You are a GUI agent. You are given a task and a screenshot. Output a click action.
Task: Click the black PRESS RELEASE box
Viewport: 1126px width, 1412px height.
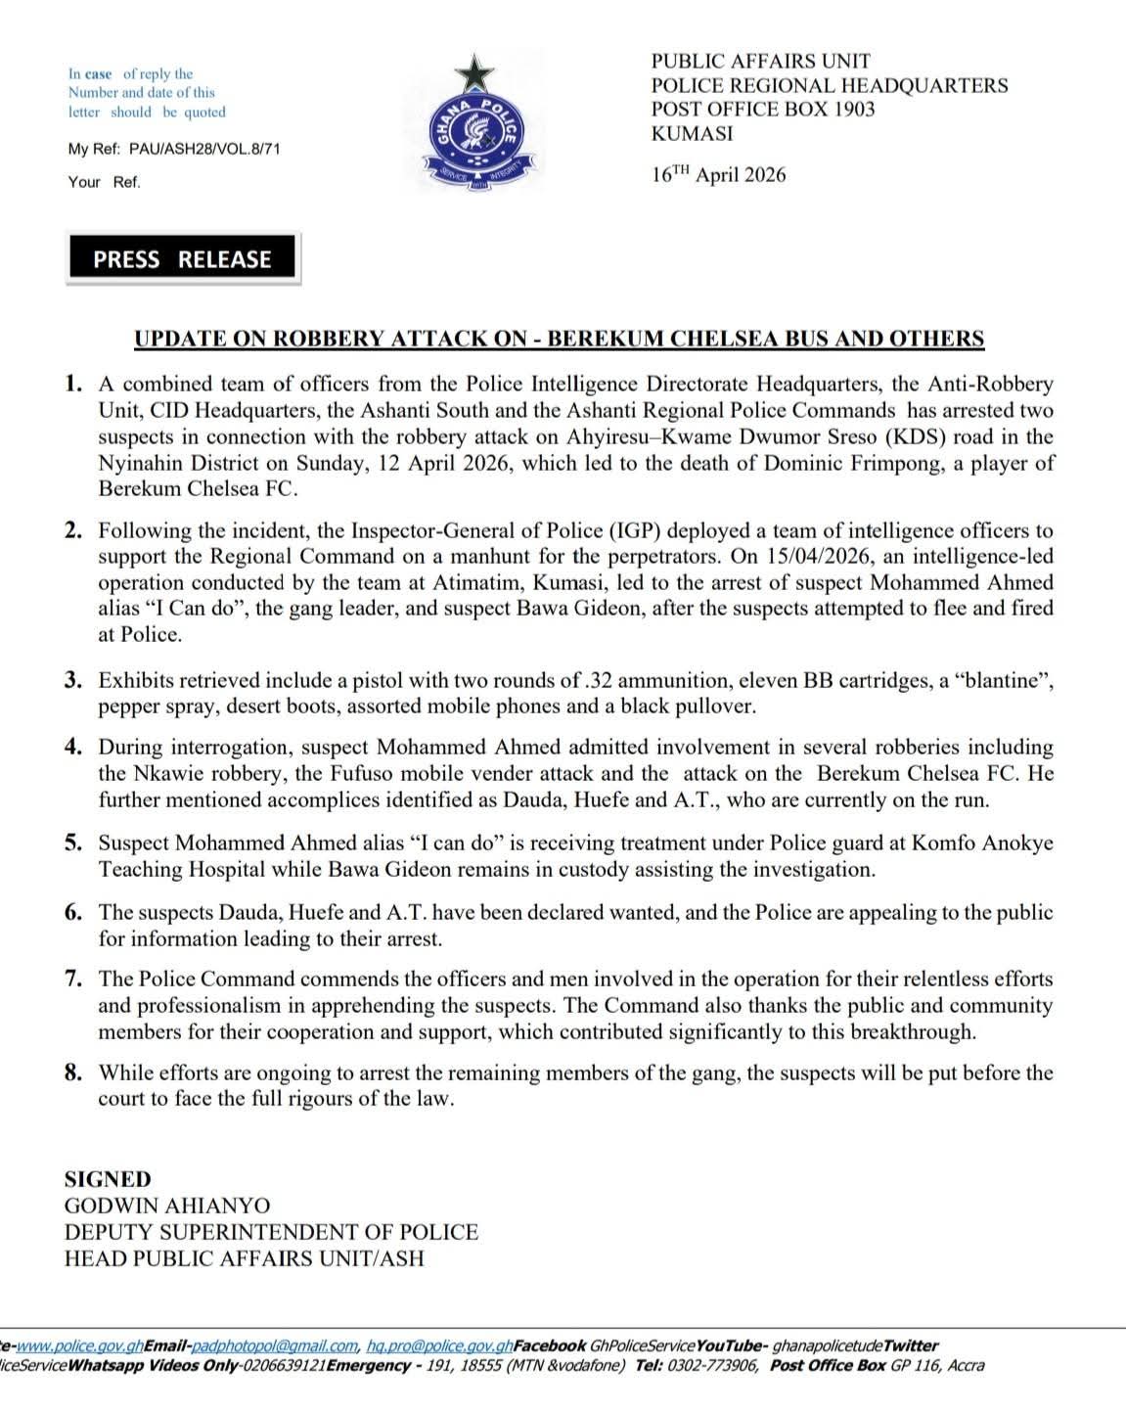coord(183,259)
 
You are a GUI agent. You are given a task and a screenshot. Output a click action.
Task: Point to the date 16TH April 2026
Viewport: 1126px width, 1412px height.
coord(718,175)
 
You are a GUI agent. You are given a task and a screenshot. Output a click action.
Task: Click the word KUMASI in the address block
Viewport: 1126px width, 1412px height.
coord(692,134)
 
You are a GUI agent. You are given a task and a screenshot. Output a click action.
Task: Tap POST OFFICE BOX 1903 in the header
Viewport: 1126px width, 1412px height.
coord(763,110)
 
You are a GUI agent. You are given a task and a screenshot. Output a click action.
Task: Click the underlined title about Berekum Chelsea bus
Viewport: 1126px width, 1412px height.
coord(559,340)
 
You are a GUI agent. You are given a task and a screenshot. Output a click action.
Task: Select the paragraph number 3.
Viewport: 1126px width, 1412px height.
coord(73,680)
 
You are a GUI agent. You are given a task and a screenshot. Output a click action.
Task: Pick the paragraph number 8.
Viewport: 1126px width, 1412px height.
coord(73,1072)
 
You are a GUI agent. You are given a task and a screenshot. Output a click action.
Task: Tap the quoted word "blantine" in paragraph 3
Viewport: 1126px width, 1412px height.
coord(998,680)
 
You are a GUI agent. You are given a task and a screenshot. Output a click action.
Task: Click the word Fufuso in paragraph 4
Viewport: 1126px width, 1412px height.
coord(328,773)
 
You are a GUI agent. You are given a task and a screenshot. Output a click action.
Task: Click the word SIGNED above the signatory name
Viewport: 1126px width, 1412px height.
coord(108,1180)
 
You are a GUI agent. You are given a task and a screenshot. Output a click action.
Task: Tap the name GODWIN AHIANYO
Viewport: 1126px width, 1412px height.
coord(167,1207)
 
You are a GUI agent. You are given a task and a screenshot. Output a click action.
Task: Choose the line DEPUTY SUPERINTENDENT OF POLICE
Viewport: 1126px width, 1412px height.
coord(271,1233)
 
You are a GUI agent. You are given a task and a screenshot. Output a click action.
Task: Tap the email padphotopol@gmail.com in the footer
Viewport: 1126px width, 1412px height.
coord(276,1346)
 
